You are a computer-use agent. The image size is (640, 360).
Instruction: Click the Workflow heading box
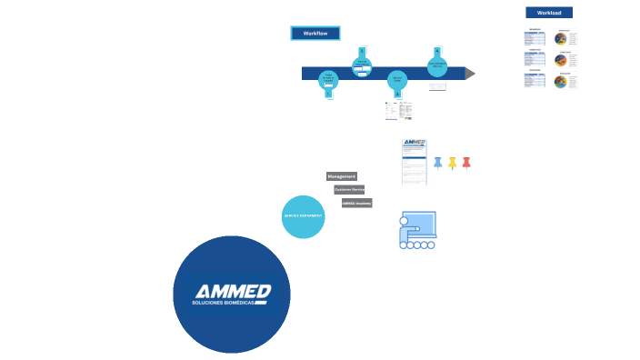(315, 33)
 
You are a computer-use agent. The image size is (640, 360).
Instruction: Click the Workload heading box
(549, 13)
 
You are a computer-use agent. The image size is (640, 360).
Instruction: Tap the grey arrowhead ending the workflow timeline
(470, 73)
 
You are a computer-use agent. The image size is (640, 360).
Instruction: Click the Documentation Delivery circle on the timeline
(437, 65)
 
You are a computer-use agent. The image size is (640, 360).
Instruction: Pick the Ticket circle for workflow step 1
(329, 80)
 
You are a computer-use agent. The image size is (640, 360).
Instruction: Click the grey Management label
(342, 175)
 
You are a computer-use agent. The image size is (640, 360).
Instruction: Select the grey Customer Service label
(349, 189)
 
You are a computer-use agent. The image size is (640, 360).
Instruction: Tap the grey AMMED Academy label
(357, 203)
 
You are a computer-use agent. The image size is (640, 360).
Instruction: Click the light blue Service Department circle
(303, 216)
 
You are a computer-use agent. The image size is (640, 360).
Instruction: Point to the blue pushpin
(437, 163)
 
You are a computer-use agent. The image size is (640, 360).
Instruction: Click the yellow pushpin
(452, 163)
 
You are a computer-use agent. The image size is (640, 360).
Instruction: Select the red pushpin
(466, 163)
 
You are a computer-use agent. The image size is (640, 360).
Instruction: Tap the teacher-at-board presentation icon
(417, 230)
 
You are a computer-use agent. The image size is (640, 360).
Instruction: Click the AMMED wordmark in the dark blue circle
(233, 291)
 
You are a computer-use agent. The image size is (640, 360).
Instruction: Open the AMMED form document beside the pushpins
(414, 161)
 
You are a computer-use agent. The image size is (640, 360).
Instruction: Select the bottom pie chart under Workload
(562, 81)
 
